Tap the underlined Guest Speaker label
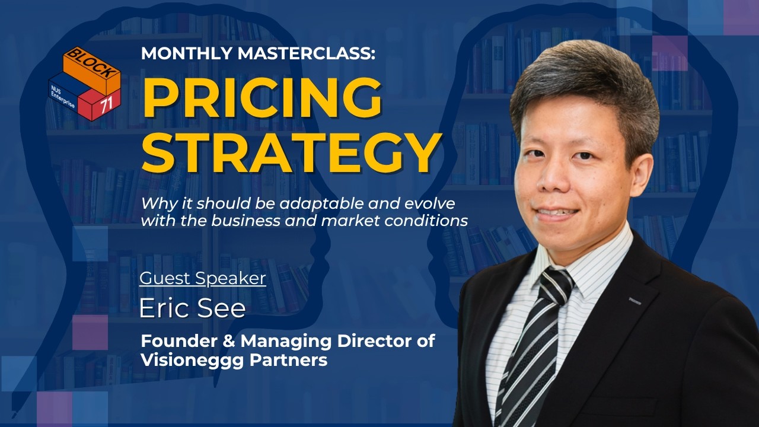point(202,278)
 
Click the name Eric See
point(192,308)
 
